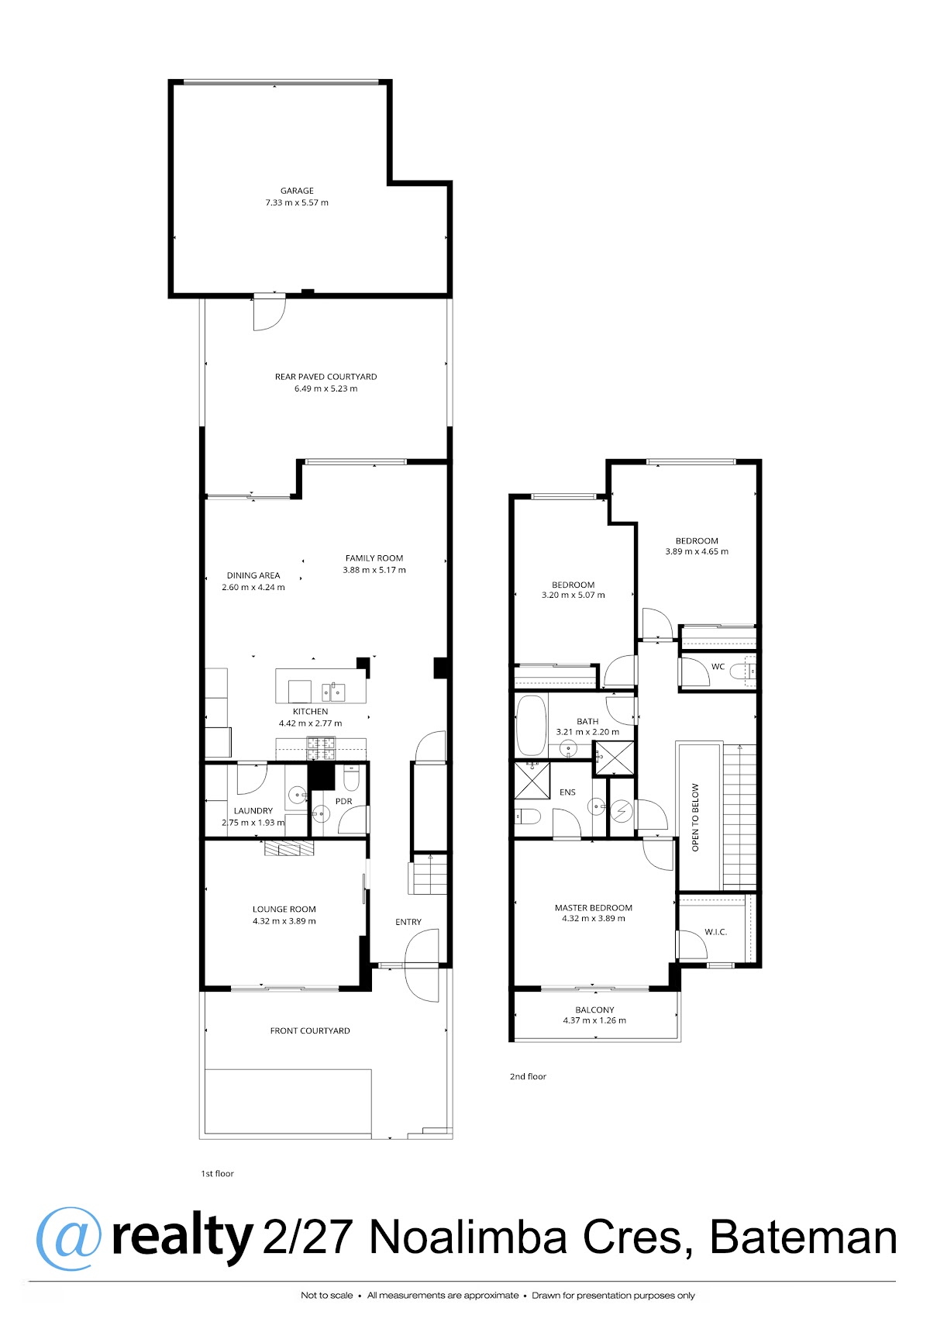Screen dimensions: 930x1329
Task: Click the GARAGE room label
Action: click(x=297, y=191)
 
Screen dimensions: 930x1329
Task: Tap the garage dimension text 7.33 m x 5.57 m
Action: click(x=297, y=202)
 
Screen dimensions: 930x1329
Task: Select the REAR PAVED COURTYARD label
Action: click(x=325, y=377)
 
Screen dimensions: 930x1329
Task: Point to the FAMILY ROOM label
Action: click(x=374, y=557)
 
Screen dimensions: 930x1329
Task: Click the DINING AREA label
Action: click(x=253, y=575)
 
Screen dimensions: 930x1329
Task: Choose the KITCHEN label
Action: click(x=310, y=711)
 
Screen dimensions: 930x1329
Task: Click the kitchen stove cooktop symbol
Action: click(x=321, y=748)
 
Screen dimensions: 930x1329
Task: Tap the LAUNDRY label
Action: click(x=253, y=810)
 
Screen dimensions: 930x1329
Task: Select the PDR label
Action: click(x=344, y=801)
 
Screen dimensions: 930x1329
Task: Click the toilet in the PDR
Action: click(x=352, y=778)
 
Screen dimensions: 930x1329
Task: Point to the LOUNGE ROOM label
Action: click(x=284, y=909)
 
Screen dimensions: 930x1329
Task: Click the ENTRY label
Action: click(x=408, y=921)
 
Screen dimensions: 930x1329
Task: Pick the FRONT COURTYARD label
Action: click(x=309, y=1030)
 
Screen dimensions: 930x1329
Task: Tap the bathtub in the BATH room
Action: click(x=531, y=726)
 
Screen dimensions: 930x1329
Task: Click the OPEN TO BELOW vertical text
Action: click(x=695, y=817)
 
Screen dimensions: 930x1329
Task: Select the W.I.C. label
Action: click(x=715, y=932)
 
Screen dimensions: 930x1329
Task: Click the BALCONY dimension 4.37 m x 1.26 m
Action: click(x=594, y=1020)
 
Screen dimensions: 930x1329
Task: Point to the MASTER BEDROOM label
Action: click(x=593, y=908)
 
